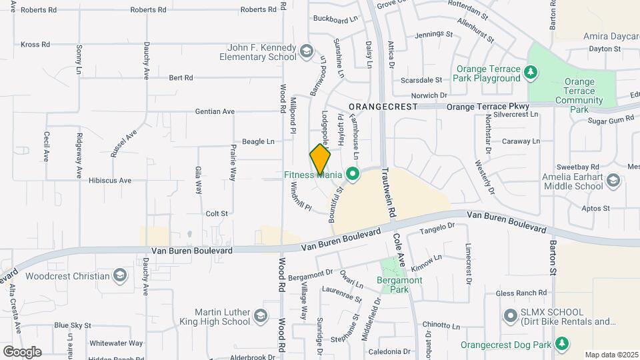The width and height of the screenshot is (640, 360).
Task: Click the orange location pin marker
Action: (321, 160)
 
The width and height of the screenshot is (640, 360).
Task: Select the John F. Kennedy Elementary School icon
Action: (306, 51)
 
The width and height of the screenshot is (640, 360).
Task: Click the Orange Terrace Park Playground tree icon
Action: (531, 72)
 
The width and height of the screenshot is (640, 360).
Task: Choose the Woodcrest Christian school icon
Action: (119, 275)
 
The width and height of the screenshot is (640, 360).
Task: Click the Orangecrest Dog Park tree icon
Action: (562, 344)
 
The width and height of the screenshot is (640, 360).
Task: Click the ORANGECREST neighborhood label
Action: (383, 107)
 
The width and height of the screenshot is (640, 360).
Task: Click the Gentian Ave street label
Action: (215, 111)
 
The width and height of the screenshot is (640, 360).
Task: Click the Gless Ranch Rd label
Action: (521, 293)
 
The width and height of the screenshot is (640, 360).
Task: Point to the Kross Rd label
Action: (35, 45)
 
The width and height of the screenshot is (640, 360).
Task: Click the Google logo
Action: (22, 351)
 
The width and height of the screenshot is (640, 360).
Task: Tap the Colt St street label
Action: (217, 213)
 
